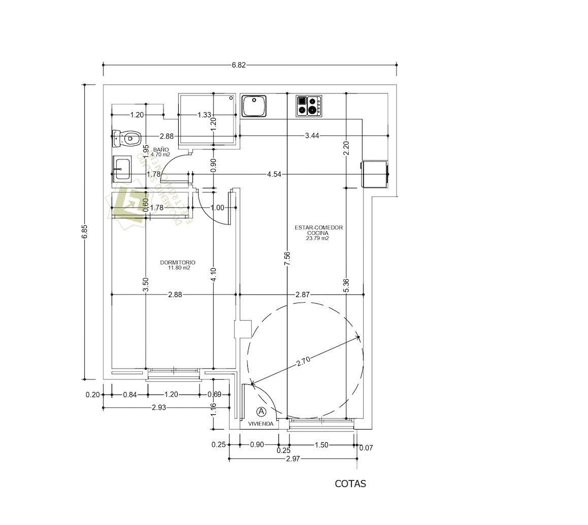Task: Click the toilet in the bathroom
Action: coord(126,137)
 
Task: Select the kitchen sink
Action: coord(254,106)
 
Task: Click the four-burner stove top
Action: coord(309,106)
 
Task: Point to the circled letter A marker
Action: coord(262,411)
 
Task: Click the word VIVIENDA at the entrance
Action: coord(261,423)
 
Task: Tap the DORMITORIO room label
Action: coord(178,262)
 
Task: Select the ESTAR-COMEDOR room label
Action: coord(318,228)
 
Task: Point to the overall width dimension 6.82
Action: coord(239,65)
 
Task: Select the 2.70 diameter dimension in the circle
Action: coord(303,361)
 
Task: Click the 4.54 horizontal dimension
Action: coord(275,174)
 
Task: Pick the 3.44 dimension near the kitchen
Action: coord(312,136)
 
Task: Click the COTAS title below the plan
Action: coord(350,484)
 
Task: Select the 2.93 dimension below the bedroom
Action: coord(160,408)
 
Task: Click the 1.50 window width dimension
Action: coord(321,445)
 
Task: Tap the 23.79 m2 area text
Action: coord(317,238)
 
